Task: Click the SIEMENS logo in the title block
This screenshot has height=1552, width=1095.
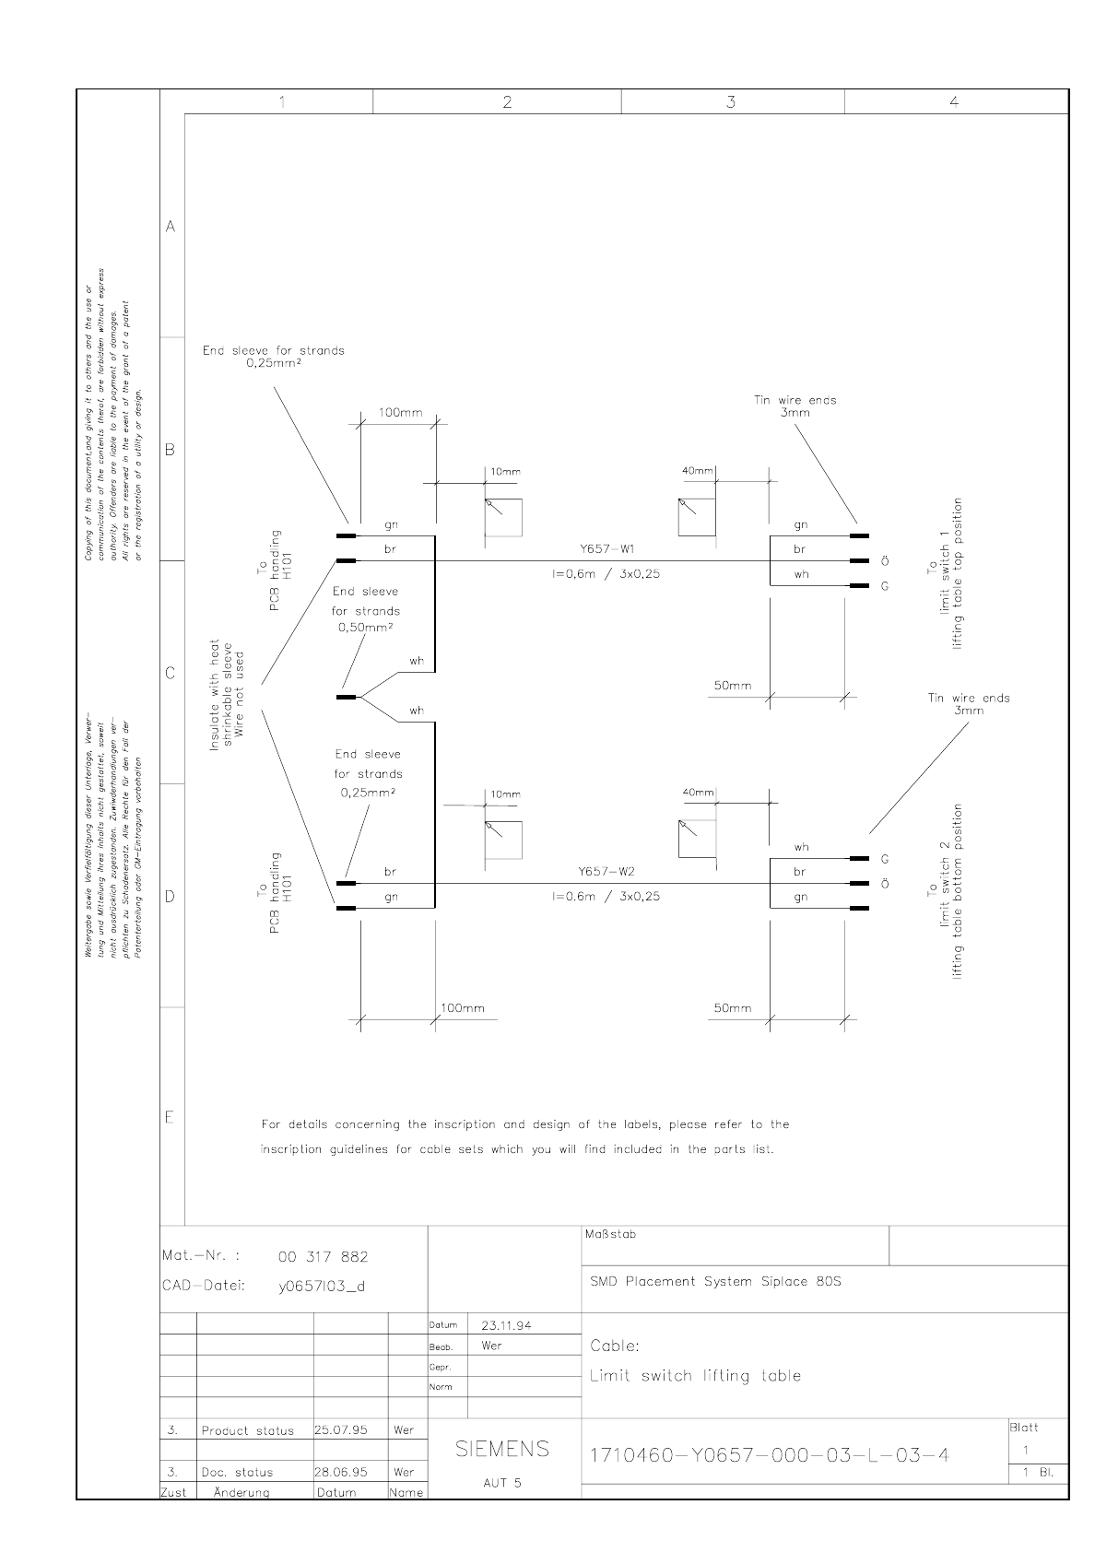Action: (x=502, y=1449)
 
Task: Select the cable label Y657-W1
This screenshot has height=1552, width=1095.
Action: (x=606, y=548)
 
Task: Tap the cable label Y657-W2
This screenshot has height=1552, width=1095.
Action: (x=606, y=871)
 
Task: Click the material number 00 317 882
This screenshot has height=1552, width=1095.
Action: (x=323, y=1256)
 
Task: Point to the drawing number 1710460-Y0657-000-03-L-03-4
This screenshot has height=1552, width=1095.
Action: (x=769, y=1455)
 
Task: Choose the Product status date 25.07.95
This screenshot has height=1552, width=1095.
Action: (x=341, y=1429)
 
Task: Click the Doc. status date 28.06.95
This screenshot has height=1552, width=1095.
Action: (x=341, y=1472)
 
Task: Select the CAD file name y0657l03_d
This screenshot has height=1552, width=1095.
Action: (x=322, y=1286)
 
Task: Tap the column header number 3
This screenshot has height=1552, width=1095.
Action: (x=731, y=101)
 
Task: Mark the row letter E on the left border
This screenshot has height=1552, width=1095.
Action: (x=170, y=1118)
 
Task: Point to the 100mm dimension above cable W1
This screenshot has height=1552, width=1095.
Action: (x=401, y=412)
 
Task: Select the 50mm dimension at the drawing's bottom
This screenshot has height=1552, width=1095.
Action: (x=733, y=1008)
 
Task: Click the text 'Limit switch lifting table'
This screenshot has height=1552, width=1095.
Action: (x=695, y=1376)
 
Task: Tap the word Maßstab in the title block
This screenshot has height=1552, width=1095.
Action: (x=610, y=1234)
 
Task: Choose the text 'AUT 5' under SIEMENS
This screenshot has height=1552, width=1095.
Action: (x=502, y=1483)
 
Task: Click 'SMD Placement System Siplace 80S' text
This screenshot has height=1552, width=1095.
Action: (x=715, y=1281)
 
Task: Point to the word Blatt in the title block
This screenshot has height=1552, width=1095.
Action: (x=1024, y=1428)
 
